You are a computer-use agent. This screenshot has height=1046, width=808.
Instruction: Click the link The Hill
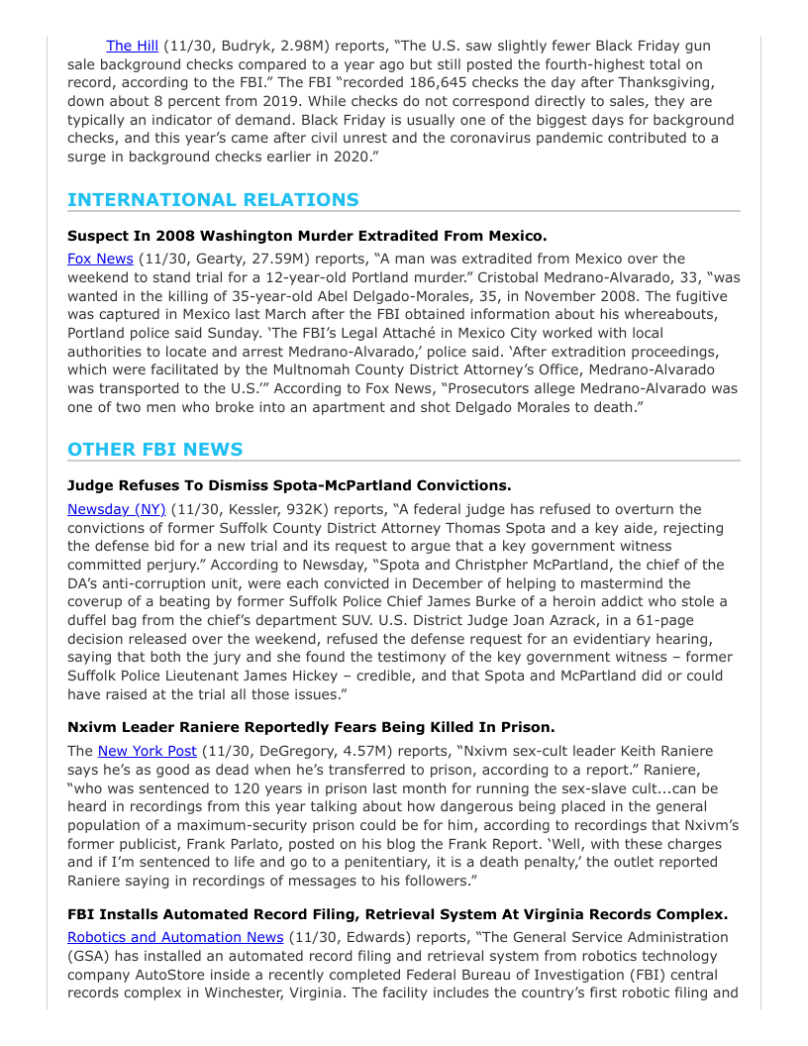point(132,46)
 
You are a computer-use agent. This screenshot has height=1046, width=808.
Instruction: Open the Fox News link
point(100,259)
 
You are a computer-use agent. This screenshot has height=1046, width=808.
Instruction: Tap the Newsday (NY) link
point(116,509)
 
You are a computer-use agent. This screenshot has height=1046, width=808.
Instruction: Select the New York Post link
point(147,752)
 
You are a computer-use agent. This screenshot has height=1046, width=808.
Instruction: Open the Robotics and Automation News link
point(175,937)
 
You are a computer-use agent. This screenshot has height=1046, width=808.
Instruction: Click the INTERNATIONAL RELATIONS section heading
point(213,200)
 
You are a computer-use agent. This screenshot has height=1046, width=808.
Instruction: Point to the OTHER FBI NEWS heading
point(154,450)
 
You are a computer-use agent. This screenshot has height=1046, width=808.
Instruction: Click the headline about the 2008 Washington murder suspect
point(306,237)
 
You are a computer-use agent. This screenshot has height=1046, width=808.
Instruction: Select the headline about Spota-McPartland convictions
point(289,485)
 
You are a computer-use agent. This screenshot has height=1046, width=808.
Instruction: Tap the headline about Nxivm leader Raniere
point(311,728)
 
